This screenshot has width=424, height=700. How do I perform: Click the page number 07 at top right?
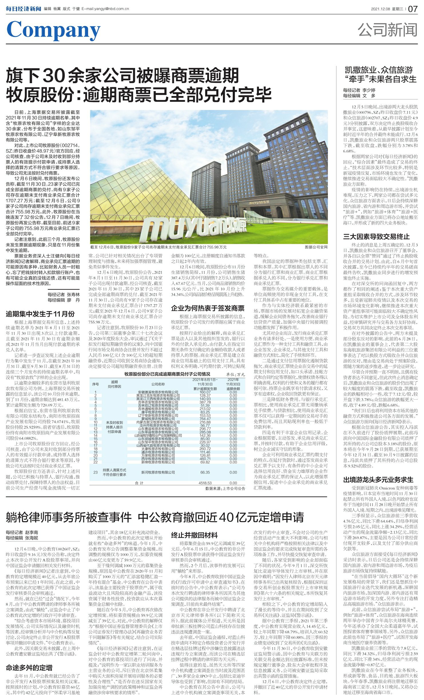point(413,9)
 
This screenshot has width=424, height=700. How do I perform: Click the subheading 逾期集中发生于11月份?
point(40,314)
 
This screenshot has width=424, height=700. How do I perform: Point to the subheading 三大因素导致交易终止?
point(376,237)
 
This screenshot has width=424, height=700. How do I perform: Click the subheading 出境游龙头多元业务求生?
point(378,480)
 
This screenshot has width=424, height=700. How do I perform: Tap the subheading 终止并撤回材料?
point(194,535)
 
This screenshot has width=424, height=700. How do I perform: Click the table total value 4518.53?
point(205,483)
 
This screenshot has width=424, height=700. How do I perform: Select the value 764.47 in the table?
point(205,419)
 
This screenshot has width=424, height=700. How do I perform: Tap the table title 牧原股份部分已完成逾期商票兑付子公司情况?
point(167,374)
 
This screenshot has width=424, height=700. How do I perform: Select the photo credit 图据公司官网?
point(316,247)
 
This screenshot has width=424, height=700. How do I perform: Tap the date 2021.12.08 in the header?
point(380,9)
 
